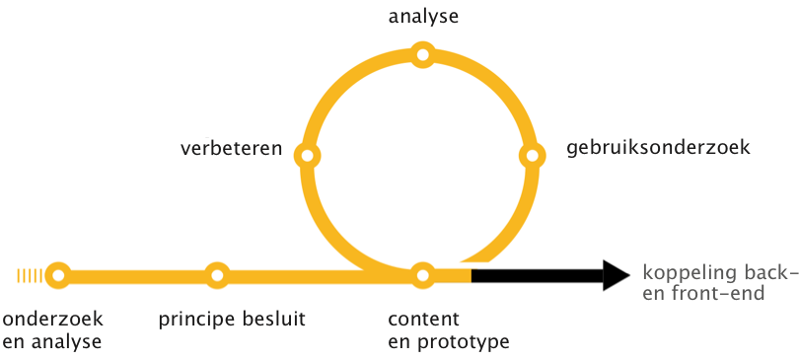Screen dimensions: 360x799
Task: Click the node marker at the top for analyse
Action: (x=422, y=55)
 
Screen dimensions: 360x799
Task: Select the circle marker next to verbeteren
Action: (x=308, y=156)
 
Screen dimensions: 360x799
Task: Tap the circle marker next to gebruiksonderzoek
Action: (x=532, y=156)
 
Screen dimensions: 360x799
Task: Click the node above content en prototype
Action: (x=422, y=275)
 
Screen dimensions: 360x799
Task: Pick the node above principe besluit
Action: (x=217, y=275)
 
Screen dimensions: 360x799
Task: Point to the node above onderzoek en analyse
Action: (x=58, y=275)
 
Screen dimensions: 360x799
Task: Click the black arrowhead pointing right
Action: (x=615, y=275)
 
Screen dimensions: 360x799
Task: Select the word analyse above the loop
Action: (x=423, y=17)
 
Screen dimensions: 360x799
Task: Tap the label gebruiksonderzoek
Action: (x=659, y=149)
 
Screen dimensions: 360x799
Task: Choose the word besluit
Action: (x=271, y=319)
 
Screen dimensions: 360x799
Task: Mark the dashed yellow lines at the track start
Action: (x=30, y=275)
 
